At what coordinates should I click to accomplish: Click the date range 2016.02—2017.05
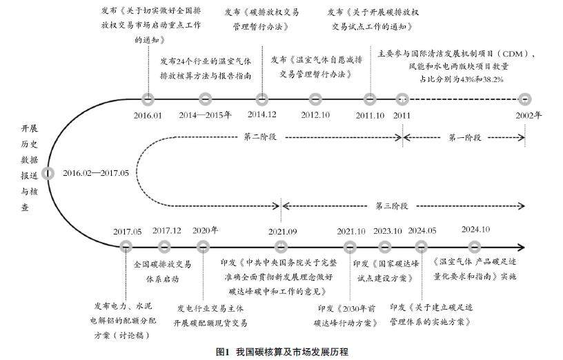(x=95, y=172)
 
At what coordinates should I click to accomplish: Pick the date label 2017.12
(x=167, y=230)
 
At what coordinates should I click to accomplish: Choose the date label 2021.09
(x=282, y=230)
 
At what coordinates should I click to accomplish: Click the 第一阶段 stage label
(x=464, y=137)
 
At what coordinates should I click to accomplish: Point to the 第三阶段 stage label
(x=392, y=206)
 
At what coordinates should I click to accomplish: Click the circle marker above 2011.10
(x=371, y=99)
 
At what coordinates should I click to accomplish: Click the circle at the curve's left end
(x=48, y=173)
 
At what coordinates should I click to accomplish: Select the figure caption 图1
(x=222, y=352)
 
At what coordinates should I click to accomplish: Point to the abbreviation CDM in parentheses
(x=517, y=53)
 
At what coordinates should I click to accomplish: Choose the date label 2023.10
(x=388, y=230)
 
